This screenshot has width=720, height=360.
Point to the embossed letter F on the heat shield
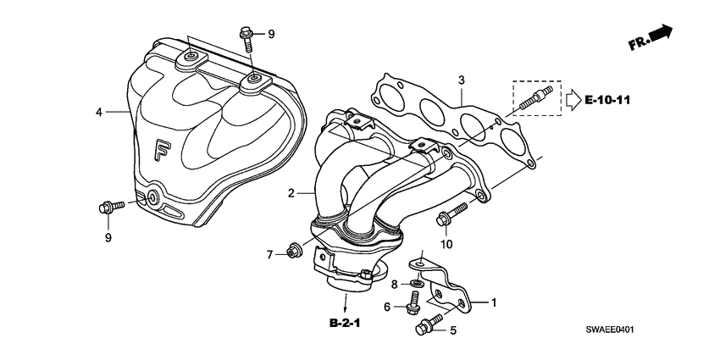pyautogui.click(x=162, y=151)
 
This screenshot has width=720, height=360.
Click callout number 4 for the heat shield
pyautogui.click(x=98, y=111)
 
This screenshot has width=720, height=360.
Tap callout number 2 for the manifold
pyautogui.click(x=291, y=193)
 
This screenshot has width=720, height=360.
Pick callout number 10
pyautogui.click(x=446, y=244)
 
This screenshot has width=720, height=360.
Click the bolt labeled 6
pyautogui.click(x=413, y=302)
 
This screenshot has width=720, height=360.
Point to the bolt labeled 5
pyautogui.click(x=429, y=322)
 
